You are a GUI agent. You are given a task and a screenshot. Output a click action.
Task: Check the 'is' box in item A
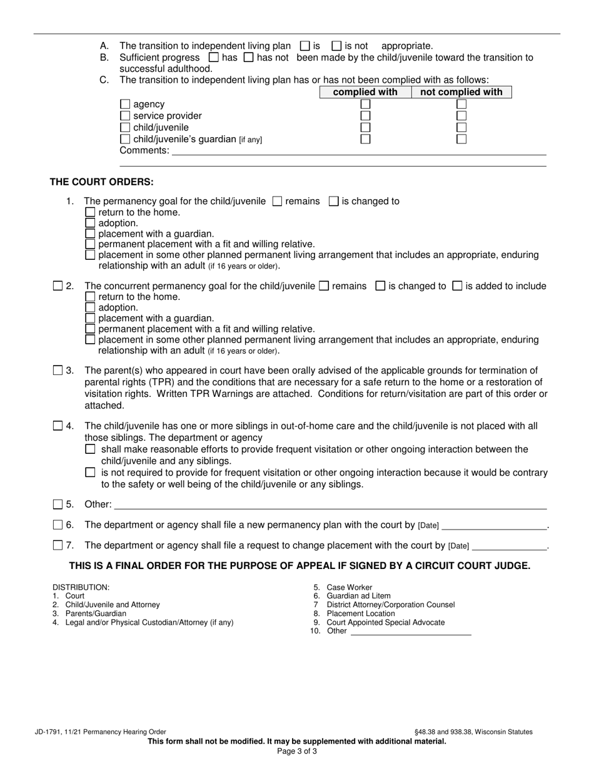click(x=305, y=46)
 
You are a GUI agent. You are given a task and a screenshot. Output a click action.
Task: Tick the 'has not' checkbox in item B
click(x=248, y=58)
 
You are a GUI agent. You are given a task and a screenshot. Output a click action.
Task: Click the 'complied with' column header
click(x=365, y=92)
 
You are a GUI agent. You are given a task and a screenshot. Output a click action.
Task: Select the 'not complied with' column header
click(x=461, y=92)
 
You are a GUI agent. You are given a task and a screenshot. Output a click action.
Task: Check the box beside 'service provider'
click(x=125, y=116)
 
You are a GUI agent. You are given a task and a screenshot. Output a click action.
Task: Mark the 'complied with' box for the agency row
click(x=366, y=105)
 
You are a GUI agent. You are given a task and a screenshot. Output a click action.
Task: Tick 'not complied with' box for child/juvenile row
click(x=461, y=128)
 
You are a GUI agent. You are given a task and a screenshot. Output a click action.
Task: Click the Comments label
click(x=144, y=150)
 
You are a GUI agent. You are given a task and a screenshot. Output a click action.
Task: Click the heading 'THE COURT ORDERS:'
click(x=102, y=182)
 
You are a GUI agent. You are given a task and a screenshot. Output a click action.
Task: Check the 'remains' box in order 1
click(x=278, y=202)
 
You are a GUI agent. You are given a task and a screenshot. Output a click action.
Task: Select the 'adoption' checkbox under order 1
click(x=90, y=223)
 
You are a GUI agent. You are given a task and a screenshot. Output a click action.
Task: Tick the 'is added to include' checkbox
click(x=457, y=286)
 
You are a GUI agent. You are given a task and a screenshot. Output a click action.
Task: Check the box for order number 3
click(x=58, y=371)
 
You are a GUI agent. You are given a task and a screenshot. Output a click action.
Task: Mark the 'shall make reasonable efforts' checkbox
click(x=90, y=449)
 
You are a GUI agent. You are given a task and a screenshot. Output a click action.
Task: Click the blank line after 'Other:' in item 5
click(x=330, y=505)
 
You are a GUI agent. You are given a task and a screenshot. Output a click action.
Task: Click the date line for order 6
click(x=494, y=525)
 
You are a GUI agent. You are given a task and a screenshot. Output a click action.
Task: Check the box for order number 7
click(x=58, y=545)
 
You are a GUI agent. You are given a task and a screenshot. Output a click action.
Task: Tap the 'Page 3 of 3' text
click(x=297, y=751)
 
